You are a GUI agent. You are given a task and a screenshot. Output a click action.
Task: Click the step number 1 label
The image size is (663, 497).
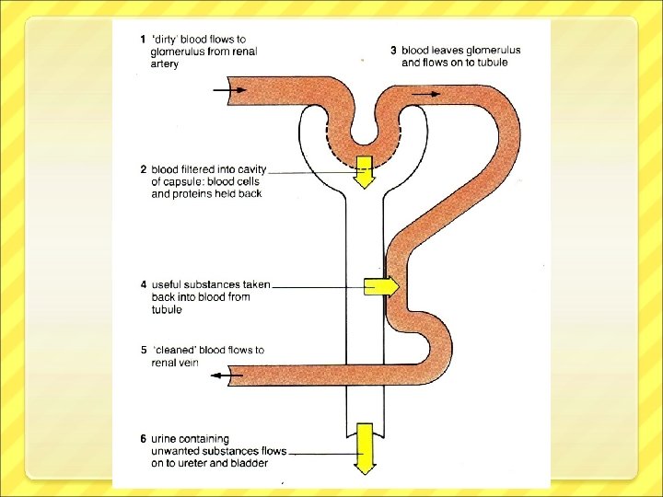coord(142,40)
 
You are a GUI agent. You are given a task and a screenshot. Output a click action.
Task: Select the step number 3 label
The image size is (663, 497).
coord(394,50)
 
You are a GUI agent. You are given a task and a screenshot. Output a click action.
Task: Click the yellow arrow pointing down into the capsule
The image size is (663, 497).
coord(366,172)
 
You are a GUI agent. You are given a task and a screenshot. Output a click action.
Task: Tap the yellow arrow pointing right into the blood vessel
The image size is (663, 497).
coord(382,286)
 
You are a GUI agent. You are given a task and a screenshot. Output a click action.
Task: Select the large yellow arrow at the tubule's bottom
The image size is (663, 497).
coord(366,448)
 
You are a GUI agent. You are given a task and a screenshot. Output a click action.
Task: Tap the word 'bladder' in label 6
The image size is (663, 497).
coord(248,463)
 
